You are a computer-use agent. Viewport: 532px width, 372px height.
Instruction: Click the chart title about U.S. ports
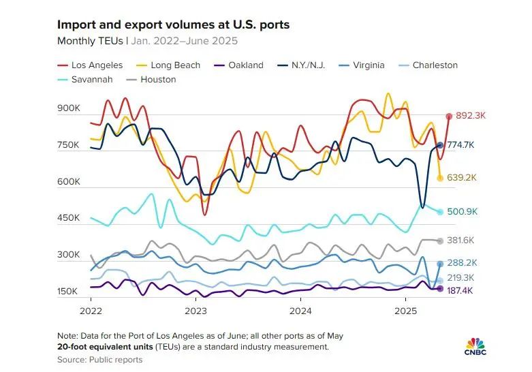173,25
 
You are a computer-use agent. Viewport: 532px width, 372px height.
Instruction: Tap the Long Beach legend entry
169,65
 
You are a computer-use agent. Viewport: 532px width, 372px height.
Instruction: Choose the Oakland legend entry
239,65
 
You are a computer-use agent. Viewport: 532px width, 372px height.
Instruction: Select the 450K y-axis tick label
69,218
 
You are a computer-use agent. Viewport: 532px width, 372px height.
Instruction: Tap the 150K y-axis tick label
69,292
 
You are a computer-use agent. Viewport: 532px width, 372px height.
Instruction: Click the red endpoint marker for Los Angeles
449,117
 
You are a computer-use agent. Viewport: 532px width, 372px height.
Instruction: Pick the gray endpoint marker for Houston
440,241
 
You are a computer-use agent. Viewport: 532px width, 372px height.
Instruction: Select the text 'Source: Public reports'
100,359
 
